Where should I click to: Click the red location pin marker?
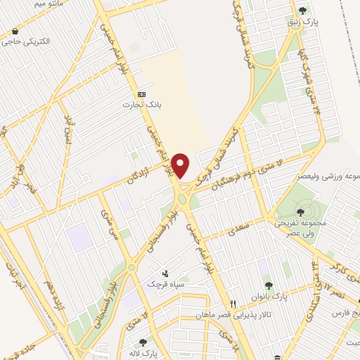coord(181,165)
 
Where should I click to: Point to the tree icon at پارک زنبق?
coord(303,10)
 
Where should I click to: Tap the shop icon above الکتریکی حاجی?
coord(14,32)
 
